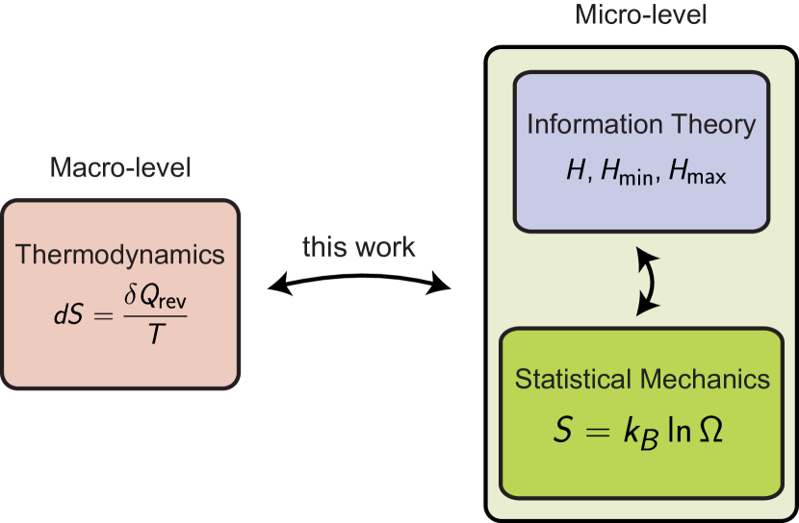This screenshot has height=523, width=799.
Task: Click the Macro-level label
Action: (x=120, y=168)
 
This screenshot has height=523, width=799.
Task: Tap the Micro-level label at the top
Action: (x=640, y=14)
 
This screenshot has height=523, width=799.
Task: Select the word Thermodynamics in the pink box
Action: (x=120, y=255)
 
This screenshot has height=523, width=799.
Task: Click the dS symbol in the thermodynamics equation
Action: (x=68, y=314)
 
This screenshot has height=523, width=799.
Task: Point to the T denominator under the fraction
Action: (x=154, y=334)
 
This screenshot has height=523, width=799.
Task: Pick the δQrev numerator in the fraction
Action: (x=155, y=299)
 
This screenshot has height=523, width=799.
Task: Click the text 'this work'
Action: (x=359, y=247)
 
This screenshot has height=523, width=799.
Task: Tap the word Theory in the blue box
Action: (x=714, y=125)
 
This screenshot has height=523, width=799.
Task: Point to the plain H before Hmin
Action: (x=575, y=172)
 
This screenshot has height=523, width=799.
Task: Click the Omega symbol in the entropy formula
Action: (x=709, y=430)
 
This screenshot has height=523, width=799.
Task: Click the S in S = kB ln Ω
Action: (x=562, y=430)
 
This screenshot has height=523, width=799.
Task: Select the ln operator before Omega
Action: (x=678, y=430)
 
